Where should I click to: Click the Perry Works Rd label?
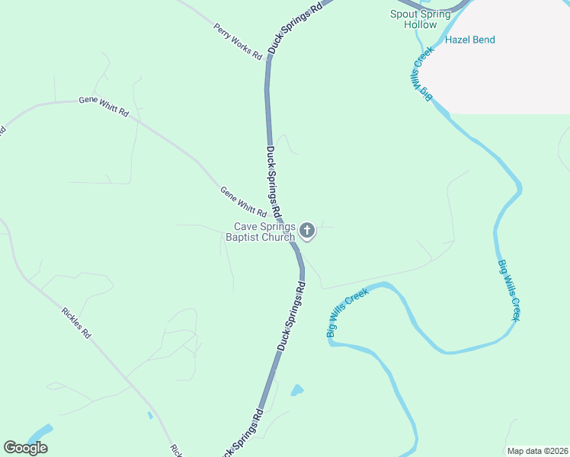coord(238,42)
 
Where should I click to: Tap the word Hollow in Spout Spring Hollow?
coord(421,24)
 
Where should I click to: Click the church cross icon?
coord(307,230)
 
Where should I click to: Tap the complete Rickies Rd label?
coord(76,322)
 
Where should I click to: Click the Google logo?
coord(25,448)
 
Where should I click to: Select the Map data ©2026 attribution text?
coord(538,451)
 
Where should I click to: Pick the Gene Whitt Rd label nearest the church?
coord(243,202)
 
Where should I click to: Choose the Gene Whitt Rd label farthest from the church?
coord(104,107)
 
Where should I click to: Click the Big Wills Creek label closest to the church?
coord(347,312)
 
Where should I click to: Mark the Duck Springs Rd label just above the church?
coord(273,181)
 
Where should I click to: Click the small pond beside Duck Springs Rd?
coord(297,391)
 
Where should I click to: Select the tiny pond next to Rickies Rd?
coord(150,415)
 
